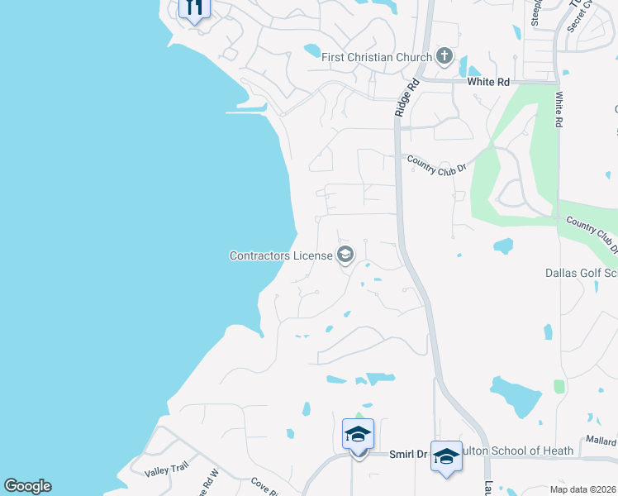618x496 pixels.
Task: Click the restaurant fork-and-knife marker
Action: [194, 7]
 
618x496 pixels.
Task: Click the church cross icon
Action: [444, 56]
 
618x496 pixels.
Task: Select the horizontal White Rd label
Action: [489, 82]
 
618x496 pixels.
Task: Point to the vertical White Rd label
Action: [559, 108]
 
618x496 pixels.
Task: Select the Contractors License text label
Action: [280, 255]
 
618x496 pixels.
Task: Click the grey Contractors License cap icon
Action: [345, 255]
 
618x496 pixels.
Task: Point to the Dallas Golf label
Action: [581, 273]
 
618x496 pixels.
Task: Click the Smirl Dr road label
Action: [408, 454]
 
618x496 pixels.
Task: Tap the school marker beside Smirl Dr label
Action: [358, 434]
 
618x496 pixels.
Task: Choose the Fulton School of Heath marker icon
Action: [446, 455]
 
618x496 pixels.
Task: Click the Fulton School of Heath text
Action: [511, 451]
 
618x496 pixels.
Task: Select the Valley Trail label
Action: [168, 470]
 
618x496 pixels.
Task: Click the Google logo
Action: [27, 486]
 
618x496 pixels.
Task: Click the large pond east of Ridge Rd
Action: [515, 395]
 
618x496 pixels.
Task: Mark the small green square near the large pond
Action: [559, 386]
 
